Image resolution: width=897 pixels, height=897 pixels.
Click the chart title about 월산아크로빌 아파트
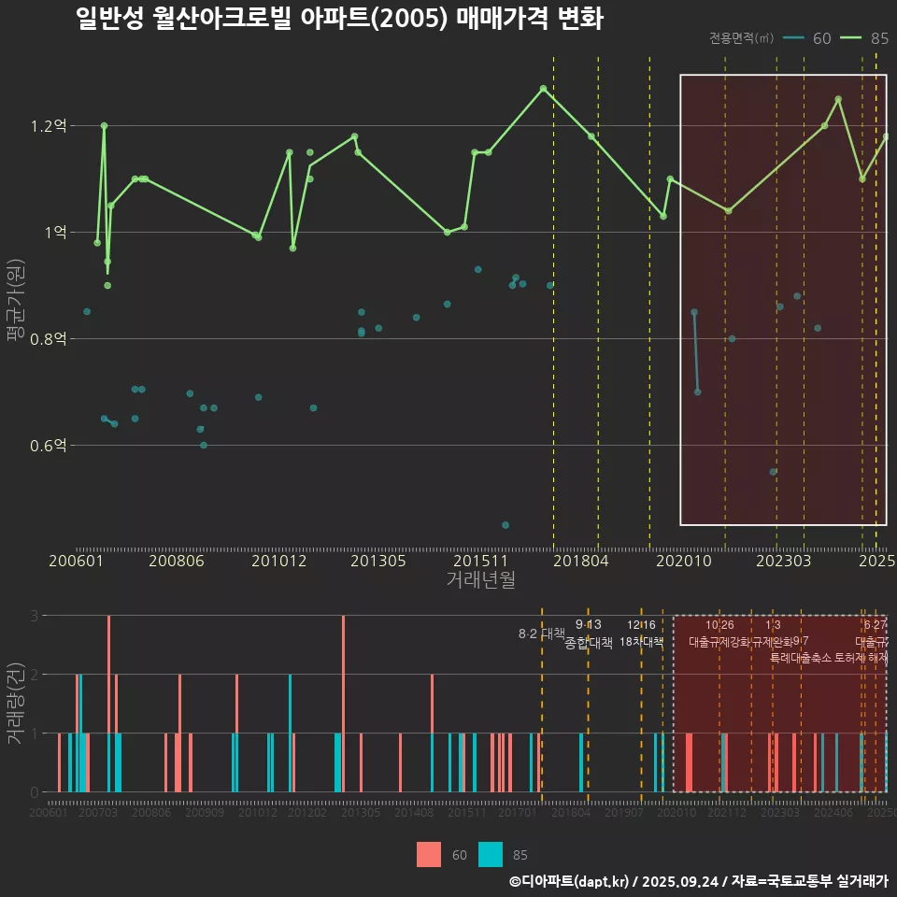coord(339,19)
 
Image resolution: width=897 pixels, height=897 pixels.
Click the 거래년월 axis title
coord(480,579)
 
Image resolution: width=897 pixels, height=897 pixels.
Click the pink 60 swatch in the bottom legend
coord(429,854)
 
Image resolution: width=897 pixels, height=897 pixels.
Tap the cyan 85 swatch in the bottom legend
coord(491,854)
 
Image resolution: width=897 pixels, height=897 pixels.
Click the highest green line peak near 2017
coord(543,88)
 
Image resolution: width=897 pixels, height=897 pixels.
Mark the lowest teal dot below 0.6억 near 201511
coord(505,525)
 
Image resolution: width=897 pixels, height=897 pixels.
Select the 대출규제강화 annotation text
coord(719,642)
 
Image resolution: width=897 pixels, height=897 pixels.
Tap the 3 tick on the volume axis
coord(35,616)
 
